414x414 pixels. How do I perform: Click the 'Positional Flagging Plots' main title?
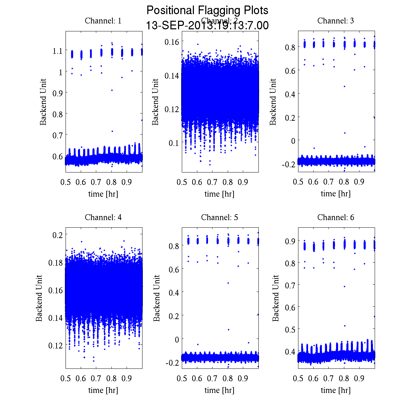click(207, 10)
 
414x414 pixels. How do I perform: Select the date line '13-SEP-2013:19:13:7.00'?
click(207, 26)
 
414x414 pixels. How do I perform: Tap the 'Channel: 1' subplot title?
click(103, 21)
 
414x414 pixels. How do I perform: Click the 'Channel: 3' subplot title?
click(336, 21)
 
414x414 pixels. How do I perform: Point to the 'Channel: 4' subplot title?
click(103, 217)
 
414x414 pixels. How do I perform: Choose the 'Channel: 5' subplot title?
click(219, 217)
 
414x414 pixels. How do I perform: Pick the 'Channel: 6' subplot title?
click(336, 217)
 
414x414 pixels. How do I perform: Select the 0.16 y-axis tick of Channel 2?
click(171, 42)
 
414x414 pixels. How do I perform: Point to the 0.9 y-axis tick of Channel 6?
click(290, 241)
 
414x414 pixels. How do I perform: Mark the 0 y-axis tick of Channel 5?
click(177, 339)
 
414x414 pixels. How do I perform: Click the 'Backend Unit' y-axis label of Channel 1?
click(43, 102)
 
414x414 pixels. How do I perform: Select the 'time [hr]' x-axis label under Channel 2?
click(219, 194)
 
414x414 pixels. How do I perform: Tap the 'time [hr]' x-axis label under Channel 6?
click(336, 390)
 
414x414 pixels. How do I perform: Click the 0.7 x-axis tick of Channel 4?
click(96, 378)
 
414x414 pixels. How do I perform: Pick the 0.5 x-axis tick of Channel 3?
click(298, 182)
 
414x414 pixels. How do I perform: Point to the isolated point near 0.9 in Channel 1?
click(112, 90)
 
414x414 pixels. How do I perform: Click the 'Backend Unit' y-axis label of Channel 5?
click(157, 298)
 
